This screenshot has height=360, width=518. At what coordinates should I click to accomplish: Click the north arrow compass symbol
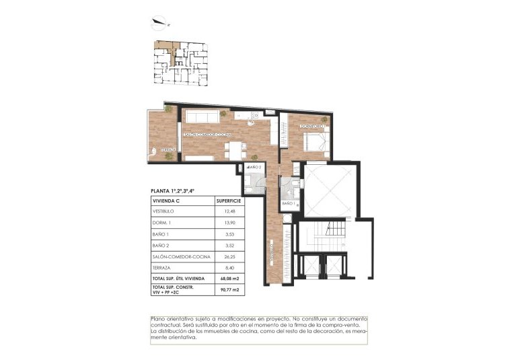pyautogui.click(x=161, y=23)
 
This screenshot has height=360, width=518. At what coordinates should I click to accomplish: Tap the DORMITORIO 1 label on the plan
pyautogui.click(x=313, y=126)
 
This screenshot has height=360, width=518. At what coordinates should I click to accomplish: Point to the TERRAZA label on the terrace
pyautogui.click(x=169, y=149)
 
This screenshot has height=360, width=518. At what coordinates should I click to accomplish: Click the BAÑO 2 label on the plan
pyautogui.click(x=254, y=166)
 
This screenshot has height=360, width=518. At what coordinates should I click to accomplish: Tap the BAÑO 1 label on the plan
pyautogui.click(x=289, y=203)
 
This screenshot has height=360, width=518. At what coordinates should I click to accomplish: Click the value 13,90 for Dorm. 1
pyautogui.click(x=229, y=223)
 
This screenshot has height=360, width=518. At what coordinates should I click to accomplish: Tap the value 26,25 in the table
pyautogui.click(x=229, y=257)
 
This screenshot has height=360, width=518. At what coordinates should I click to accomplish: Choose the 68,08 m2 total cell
pyautogui.click(x=229, y=279)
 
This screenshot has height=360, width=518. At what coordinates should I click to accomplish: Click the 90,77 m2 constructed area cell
pyautogui.click(x=229, y=291)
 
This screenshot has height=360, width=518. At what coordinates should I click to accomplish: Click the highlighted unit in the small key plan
pyautogui.click(x=165, y=52)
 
